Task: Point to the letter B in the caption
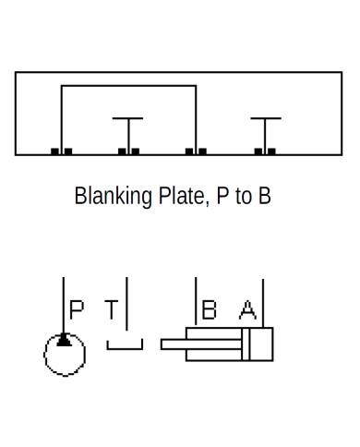click(x=265, y=197)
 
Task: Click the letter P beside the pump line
click(x=77, y=309)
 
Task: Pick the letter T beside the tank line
click(x=111, y=309)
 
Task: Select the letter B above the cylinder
click(x=209, y=309)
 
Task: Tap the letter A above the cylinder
click(x=246, y=309)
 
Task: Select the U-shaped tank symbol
click(x=125, y=346)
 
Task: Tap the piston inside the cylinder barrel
click(x=246, y=344)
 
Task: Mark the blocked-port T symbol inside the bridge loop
click(x=127, y=119)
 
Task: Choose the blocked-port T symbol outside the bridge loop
click(x=266, y=119)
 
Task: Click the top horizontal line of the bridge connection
click(x=128, y=86)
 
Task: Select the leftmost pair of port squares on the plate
click(x=61, y=151)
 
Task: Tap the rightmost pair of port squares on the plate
click(x=266, y=151)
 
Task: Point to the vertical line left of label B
click(x=196, y=300)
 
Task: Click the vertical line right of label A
click(x=263, y=300)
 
